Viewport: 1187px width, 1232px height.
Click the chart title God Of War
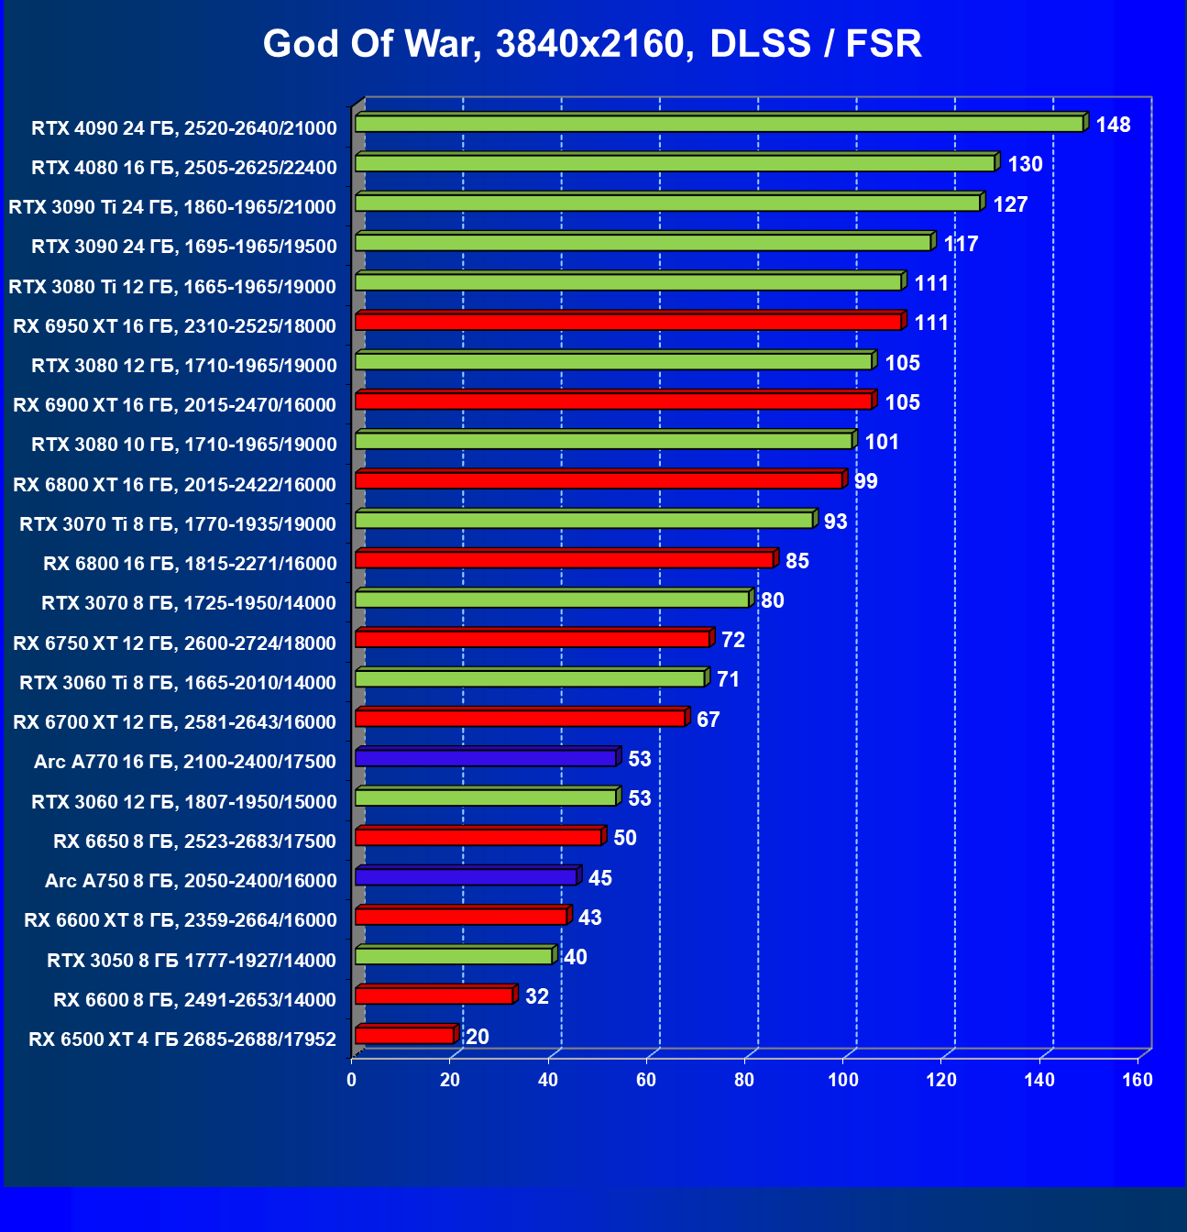click(592, 44)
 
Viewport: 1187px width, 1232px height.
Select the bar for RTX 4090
click(719, 124)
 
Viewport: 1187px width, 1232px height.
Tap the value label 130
click(1025, 164)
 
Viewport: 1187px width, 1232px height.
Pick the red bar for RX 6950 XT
click(628, 322)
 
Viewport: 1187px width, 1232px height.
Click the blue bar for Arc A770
click(486, 758)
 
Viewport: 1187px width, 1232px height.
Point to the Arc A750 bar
click(466, 877)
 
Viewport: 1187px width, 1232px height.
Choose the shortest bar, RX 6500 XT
click(404, 1036)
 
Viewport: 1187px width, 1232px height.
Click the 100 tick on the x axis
click(842, 1080)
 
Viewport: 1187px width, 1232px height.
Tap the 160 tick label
click(1138, 1080)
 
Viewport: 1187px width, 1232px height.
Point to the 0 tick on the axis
click(352, 1080)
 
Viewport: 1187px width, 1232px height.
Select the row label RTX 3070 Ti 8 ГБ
click(178, 524)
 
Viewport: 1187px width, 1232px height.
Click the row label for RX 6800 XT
click(174, 485)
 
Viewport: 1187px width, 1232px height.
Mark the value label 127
click(1010, 204)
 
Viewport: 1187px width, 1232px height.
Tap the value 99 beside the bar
click(865, 481)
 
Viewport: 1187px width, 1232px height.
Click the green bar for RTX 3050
click(454, 956)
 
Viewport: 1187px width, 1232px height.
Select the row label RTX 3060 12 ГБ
click(184, 802)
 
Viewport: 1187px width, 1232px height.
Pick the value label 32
click(537, 996)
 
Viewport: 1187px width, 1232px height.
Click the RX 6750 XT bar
click(533, 639)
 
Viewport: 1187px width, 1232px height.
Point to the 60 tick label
click(646, 1080)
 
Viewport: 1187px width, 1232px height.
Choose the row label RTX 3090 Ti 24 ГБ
click(172, 207)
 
